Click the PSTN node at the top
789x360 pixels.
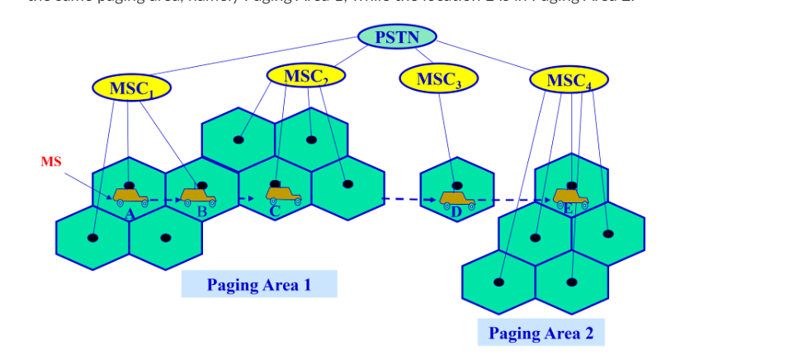click(397, 37)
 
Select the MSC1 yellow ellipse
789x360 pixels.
click(131, 88)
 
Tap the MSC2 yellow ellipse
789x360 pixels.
click(305, 76)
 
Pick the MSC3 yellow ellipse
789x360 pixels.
click(438, 79)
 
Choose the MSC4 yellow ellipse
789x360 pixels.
click(569, 80)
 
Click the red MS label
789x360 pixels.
click(51, 162)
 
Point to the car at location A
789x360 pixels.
click(130, 197)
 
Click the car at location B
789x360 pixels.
click(199, 197)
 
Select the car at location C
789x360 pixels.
click(283, 195)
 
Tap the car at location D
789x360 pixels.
click(456, 199)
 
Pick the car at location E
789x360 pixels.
click(570, 198)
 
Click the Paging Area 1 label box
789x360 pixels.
click(259, 285)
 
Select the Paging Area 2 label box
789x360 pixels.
click(541, 333)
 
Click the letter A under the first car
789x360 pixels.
click(130, 212)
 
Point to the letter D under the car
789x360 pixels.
click(457, 212)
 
